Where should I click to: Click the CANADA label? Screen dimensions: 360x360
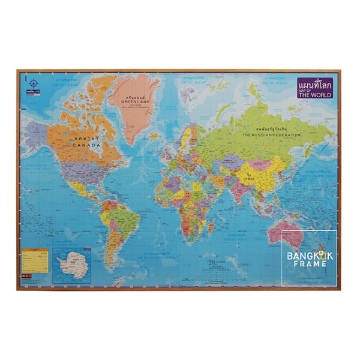(86, 145)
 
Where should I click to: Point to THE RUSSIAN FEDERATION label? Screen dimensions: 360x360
(269, 136)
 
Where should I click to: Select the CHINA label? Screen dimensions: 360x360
(248, 179)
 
